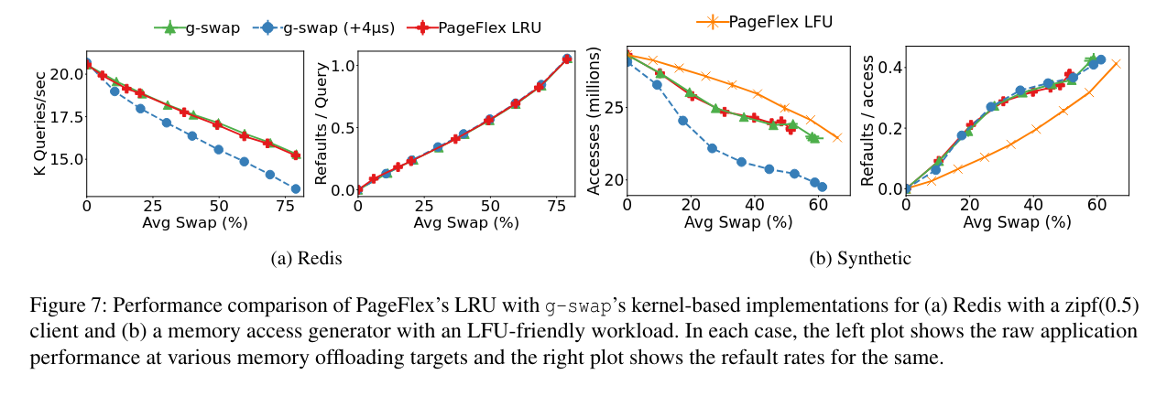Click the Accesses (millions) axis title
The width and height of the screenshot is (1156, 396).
point(593,120)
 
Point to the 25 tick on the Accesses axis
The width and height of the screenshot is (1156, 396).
point(610,108)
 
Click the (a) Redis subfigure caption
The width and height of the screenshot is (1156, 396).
point(307,259)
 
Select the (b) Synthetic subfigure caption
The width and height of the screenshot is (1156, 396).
point(860,259)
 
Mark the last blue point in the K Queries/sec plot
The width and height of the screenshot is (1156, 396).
point(296,188)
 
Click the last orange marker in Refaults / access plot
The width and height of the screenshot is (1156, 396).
point(1116,63)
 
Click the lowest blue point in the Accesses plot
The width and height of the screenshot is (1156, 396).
point(823,187)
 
